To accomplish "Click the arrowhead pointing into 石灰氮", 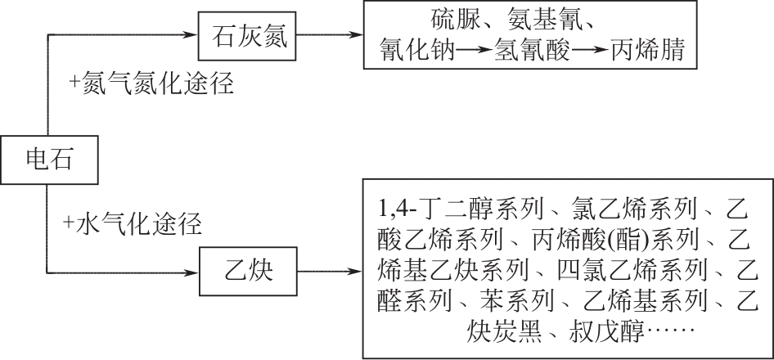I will pos(193,37).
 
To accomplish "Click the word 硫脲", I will pos(453,19).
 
